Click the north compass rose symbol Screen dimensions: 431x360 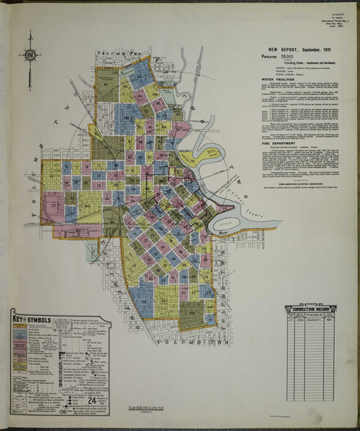coord(30,55)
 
